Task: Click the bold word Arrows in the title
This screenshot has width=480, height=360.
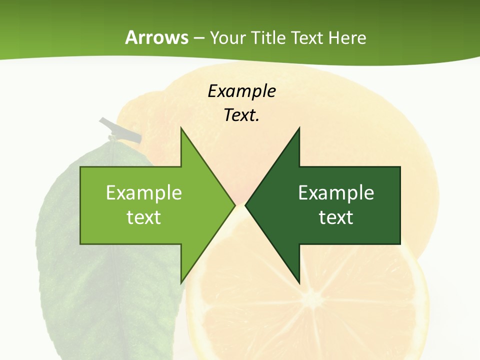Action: click(156, 37)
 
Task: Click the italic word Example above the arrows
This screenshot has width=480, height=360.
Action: click(241, 91)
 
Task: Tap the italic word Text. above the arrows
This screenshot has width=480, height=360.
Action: click(241, 115)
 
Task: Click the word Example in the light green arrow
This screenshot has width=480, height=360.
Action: click(144, 193)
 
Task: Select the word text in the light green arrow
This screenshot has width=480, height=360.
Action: click(144, 217)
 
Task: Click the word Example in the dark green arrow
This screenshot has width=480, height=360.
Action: click(336, 193)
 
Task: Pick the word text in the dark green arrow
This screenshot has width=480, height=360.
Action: click(336, 217)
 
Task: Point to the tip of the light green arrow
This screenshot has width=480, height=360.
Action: click(235, 205)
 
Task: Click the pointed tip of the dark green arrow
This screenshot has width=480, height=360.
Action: click(245, 205)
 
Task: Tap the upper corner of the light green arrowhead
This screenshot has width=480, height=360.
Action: click(181, 128)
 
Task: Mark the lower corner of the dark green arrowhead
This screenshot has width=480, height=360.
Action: click(299, 283)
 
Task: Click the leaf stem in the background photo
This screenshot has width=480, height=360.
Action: click(120, 130)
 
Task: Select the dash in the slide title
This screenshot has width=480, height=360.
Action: click(199, 38)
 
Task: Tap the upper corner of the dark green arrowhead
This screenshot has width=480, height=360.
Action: click(299, 128)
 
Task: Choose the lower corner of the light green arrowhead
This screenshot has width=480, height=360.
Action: click(181, 283)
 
